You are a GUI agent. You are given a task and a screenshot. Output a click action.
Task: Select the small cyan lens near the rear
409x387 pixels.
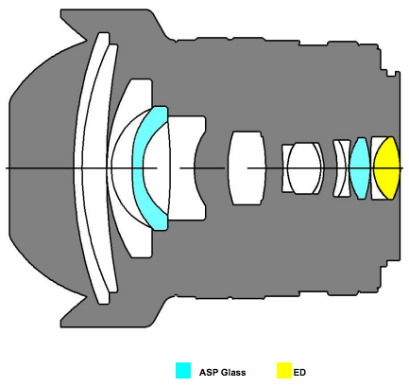(360, 167)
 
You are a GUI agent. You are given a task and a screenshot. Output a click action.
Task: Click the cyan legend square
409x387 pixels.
(183, 370)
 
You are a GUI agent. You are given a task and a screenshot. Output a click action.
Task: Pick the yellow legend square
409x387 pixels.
(284, 370)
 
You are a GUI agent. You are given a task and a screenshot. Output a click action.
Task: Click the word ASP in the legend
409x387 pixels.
(209, 373)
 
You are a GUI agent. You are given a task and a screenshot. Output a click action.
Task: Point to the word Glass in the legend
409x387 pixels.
(233, 373)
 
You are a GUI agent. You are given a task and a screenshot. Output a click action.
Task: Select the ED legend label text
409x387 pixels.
(299, 373)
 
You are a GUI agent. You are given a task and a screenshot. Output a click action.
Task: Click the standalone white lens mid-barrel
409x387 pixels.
(247, 167)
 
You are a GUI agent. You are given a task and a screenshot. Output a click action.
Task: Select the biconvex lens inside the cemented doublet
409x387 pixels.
(304, 167)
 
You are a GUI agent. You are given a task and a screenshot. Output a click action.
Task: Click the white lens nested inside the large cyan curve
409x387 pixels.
(157, 167)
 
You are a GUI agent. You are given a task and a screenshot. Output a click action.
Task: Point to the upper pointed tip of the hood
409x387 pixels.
(86, 41)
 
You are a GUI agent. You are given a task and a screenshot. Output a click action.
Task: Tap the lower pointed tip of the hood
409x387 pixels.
(86, 296)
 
